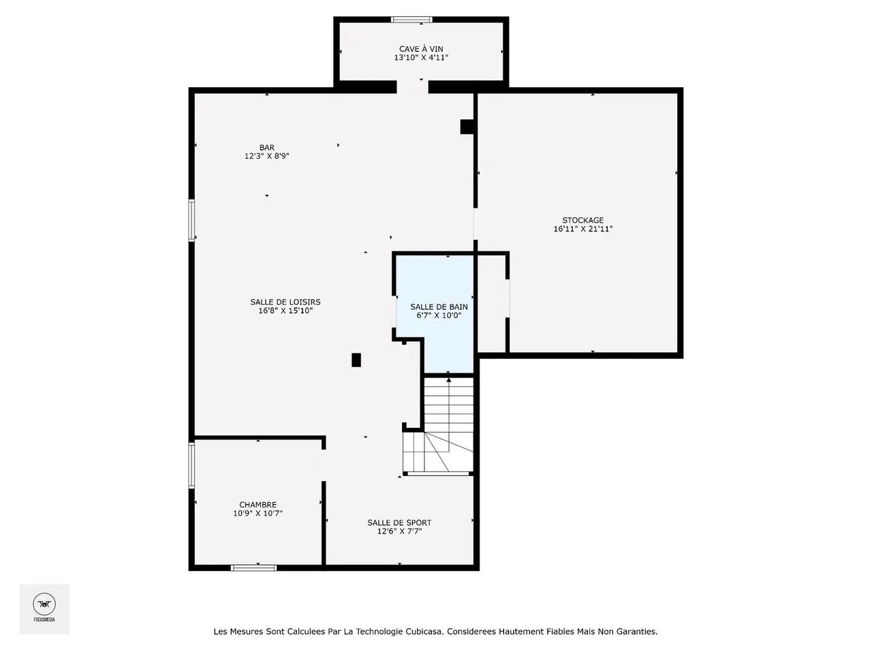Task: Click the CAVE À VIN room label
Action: point(421,49)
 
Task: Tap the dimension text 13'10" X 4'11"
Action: point(421,58)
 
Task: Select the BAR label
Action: point(266,148)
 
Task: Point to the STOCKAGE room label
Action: point(582,220)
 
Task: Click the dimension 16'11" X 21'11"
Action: point(582,229)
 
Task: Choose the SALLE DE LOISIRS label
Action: point(285,302)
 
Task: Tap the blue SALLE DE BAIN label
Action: point(439,307)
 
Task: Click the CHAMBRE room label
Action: point(258,505)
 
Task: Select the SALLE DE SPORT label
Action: point(399,523)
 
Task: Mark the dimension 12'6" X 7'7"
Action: point(399,531)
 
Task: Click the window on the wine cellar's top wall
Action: point(411,20)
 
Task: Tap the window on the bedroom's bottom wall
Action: point(253,568)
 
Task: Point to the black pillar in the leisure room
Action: point(356,360)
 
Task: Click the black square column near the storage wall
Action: point(467,127)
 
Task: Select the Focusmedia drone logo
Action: point(44,604)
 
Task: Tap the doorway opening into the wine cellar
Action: point(412,87)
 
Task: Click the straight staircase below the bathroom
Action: point(448,404)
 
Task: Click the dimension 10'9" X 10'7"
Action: point(258,514)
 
